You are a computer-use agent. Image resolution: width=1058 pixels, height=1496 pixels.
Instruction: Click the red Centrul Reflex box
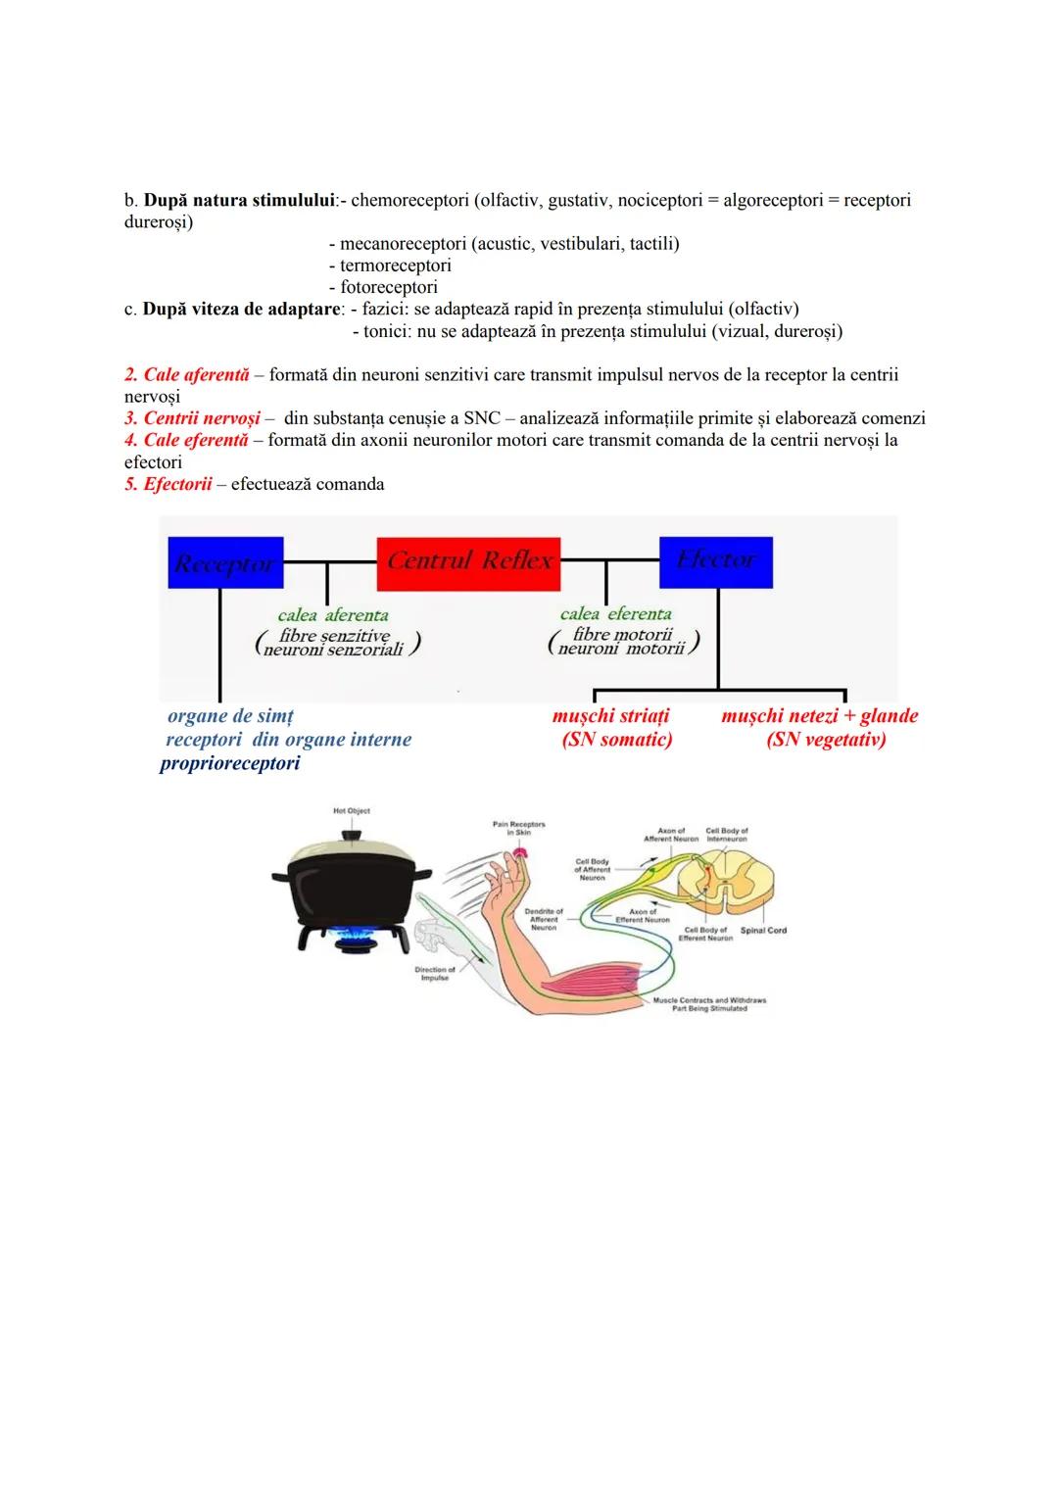(468, 563)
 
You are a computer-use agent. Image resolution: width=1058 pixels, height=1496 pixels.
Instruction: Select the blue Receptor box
(225, 563)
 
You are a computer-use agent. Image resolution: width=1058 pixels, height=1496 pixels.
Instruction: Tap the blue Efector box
(716, 561)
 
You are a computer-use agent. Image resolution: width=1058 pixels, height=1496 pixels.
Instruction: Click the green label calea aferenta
(333, 615)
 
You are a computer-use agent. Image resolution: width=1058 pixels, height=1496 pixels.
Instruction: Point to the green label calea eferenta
(616, 614)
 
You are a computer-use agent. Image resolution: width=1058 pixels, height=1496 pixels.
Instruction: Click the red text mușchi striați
(610, 716)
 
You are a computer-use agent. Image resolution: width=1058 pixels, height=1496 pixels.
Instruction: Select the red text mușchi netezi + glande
(819, 716)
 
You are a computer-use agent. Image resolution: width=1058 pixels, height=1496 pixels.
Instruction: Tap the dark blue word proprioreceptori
(229, 763)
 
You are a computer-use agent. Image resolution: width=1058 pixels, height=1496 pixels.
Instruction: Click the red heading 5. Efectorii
(168, 484)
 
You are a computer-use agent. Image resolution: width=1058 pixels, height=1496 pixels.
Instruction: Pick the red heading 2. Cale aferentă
(187, 375)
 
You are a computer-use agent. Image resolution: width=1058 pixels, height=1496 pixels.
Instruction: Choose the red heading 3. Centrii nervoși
(193, 418)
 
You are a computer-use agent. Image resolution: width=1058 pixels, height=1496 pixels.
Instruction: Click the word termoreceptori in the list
(396, 265)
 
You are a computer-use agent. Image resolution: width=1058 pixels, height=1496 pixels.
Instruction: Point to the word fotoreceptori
(389, 287)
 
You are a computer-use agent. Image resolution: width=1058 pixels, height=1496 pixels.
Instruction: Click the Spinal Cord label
(763, 931)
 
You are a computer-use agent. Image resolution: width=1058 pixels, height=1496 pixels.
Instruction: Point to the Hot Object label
(352, 811)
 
